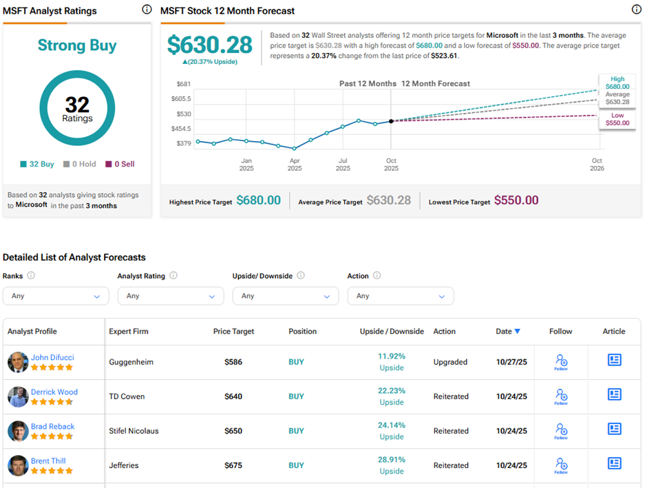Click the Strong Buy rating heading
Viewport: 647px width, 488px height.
[77, 46]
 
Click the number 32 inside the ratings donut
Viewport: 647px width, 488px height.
[77, 104]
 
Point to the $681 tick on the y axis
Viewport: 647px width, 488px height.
[184, 84]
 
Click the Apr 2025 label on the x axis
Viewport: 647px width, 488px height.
[295, 165]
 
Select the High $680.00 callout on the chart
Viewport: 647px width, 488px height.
[617, 83]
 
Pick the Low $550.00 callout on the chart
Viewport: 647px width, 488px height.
[617, 119]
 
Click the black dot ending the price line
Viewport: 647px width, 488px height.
[391, 121]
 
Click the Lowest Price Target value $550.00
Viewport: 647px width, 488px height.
[516, 200]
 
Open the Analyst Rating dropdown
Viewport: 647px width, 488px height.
[171, 296]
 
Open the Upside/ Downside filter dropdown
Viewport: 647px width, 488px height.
[286, 296]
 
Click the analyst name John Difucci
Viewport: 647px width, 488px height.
[52, 357]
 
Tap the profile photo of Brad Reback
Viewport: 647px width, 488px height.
[18, 431]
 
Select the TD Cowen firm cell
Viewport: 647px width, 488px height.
[126, 396]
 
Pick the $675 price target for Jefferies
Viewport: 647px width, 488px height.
[233, 465]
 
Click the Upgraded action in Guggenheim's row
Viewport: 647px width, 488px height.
[450, 362]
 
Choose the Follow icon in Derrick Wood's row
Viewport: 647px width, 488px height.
[561, 396]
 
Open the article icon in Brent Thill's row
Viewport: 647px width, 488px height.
[614, 463]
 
